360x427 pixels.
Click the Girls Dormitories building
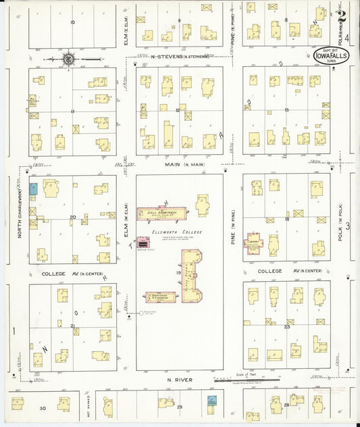[x=161, y=214]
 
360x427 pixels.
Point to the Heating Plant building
[x=144, y=242]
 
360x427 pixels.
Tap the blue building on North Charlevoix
[x=33, y=189]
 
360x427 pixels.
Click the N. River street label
[x=179, y=380]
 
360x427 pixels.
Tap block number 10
[x=72, y=22]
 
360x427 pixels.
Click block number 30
[x=43, y=408]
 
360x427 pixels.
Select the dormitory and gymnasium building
[x=160, y=297]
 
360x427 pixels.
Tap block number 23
[x=286, y=326]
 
